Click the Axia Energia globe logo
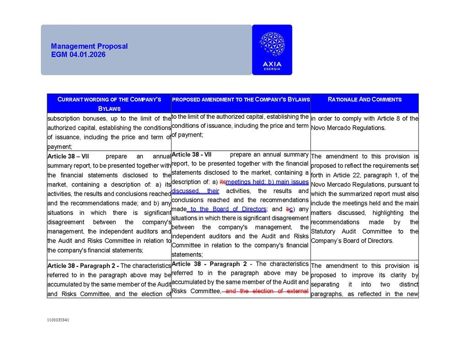tap(272, 44)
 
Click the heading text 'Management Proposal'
tap(89, 46)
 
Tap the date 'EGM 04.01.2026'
tap(78, 54)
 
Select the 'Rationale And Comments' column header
tap(364, 99)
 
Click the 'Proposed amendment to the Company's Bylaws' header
tap(241, 99)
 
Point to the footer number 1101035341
tap(58, 320)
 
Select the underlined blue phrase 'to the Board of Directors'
tap(227, 209)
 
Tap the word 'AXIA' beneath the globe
tap(272, 64)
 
